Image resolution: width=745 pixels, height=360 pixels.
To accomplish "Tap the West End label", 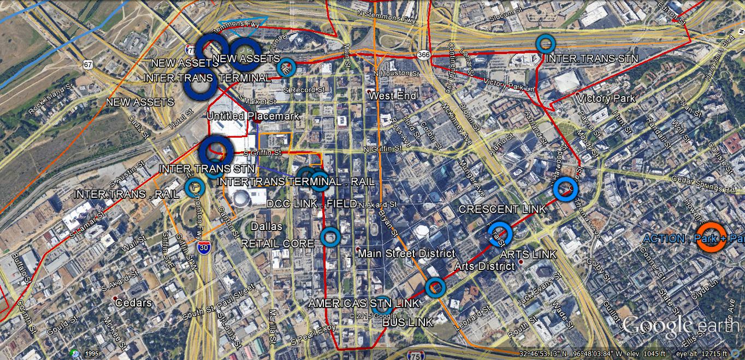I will coord(392,96).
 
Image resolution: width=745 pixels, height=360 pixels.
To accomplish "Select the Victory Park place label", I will coord(606,99).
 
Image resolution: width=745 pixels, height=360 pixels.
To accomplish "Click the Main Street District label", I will coord(406,253).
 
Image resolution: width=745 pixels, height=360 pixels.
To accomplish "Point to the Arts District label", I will coord(484,267).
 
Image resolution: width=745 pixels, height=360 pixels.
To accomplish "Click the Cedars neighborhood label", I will coord(133,303).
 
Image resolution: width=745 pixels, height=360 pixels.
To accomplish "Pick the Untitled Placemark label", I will coord(253,116).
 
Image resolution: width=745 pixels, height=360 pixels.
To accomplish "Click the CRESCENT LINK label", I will coord(501,209).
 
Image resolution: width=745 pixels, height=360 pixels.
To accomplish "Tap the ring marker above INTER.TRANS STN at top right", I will coord(545,43).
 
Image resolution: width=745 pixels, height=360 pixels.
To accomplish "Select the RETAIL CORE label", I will coord(277,243).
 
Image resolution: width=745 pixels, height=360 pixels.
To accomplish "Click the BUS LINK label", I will coord(407,322).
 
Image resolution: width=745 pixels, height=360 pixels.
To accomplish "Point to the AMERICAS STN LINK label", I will coord(364,303).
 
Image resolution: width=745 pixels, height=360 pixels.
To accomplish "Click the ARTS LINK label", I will coord(528,254).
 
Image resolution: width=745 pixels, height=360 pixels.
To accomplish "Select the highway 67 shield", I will coord(88,64).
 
